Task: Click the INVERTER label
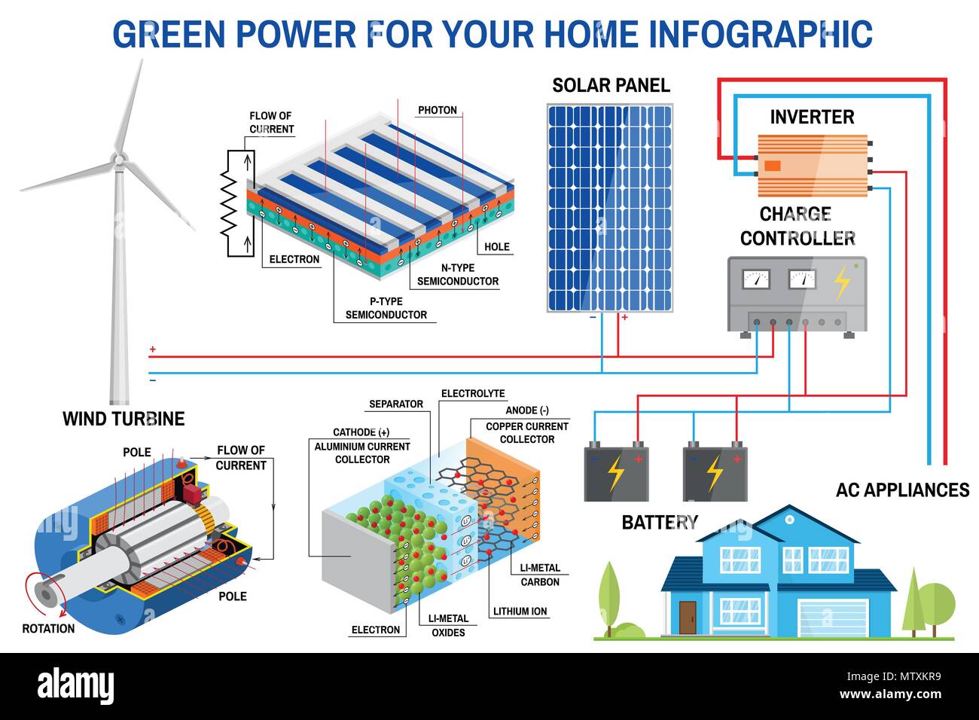tap(812, 117)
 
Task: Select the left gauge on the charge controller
tap(756, 279)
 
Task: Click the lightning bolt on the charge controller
tap(842, 283)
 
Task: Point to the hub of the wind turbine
tap(118, 160)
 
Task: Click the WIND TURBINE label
tap(124, 419)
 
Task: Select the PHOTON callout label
tap(438, 110)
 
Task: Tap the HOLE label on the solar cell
tap(497, 247)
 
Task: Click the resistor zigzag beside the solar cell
tap(229, 203)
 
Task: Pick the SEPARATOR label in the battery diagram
tap(396, 404)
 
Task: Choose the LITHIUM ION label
tap(520, 612)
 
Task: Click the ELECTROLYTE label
tap(473, 393)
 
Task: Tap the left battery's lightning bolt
tap(616, 474)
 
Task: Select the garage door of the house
tap(833, 618)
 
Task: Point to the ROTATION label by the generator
tap(48, 629)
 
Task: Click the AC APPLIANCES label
tap(902, 490)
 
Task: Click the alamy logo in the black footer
tap(75, 686)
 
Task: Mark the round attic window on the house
tap(789, 520)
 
